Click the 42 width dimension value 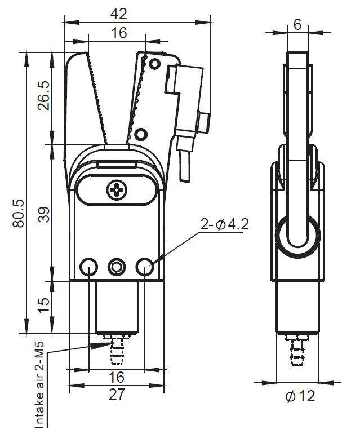[x=118, y=14]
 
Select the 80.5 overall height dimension [x=19, y=214]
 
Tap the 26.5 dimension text [x=44, y=96]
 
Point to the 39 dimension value [x=44, y=214]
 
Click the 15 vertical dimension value [x=44, y=306]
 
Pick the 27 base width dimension [x=117, y=394]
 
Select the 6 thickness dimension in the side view [x=297, y=24]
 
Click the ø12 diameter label [x=300, y=396]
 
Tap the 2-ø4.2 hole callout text [x=225, y=224]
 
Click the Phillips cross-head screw [x=117, y=190]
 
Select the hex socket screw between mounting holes [x=117, y=267]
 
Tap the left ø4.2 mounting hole [x=89, y=267]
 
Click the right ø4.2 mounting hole [x=145, y=267]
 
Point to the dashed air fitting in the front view [x=117, y=349]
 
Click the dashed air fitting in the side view [x=297, y=349]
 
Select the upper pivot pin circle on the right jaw [x=154, y=63]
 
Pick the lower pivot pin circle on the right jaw [x=140, y=134]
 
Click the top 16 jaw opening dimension [x=119, y=33]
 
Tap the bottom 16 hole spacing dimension [x=117, y=377]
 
